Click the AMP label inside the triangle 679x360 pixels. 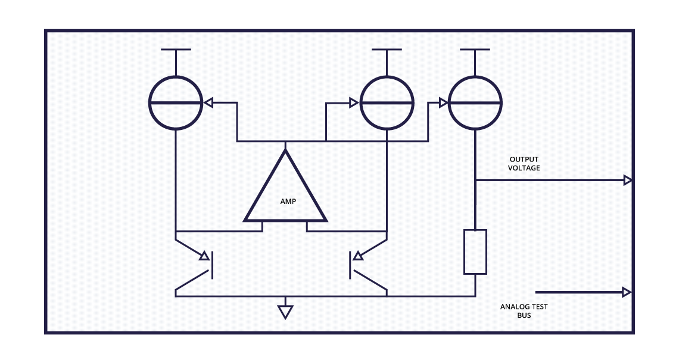tap(288, 201)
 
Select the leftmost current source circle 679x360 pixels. tap(176, 103)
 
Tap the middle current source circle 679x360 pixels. tap(387, 103)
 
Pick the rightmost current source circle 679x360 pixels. tap(475, 103)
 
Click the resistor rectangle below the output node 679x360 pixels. tap(475, 252)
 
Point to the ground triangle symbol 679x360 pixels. tap(286, 311)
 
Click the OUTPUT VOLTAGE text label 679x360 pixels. tap(524, 164)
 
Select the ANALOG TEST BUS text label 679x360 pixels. tap(524, 311)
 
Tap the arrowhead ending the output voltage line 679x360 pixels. tap(627, 180)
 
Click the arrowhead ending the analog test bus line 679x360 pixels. tap(627, 292)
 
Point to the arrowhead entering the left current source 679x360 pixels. tap(208, 103)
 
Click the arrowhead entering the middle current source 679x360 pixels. tap(354, 103)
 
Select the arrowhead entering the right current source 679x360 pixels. tap(443, 103)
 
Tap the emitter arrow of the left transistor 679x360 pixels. tap(204, 256)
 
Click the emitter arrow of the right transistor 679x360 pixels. tap(358, 256)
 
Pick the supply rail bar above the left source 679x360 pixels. tap(176, 49)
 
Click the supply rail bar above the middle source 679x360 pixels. tap(387, 49)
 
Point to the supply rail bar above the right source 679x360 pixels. tap(475, 49)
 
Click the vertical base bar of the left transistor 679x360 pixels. tap(211, 265)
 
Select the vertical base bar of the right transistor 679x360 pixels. tap(350, 265)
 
